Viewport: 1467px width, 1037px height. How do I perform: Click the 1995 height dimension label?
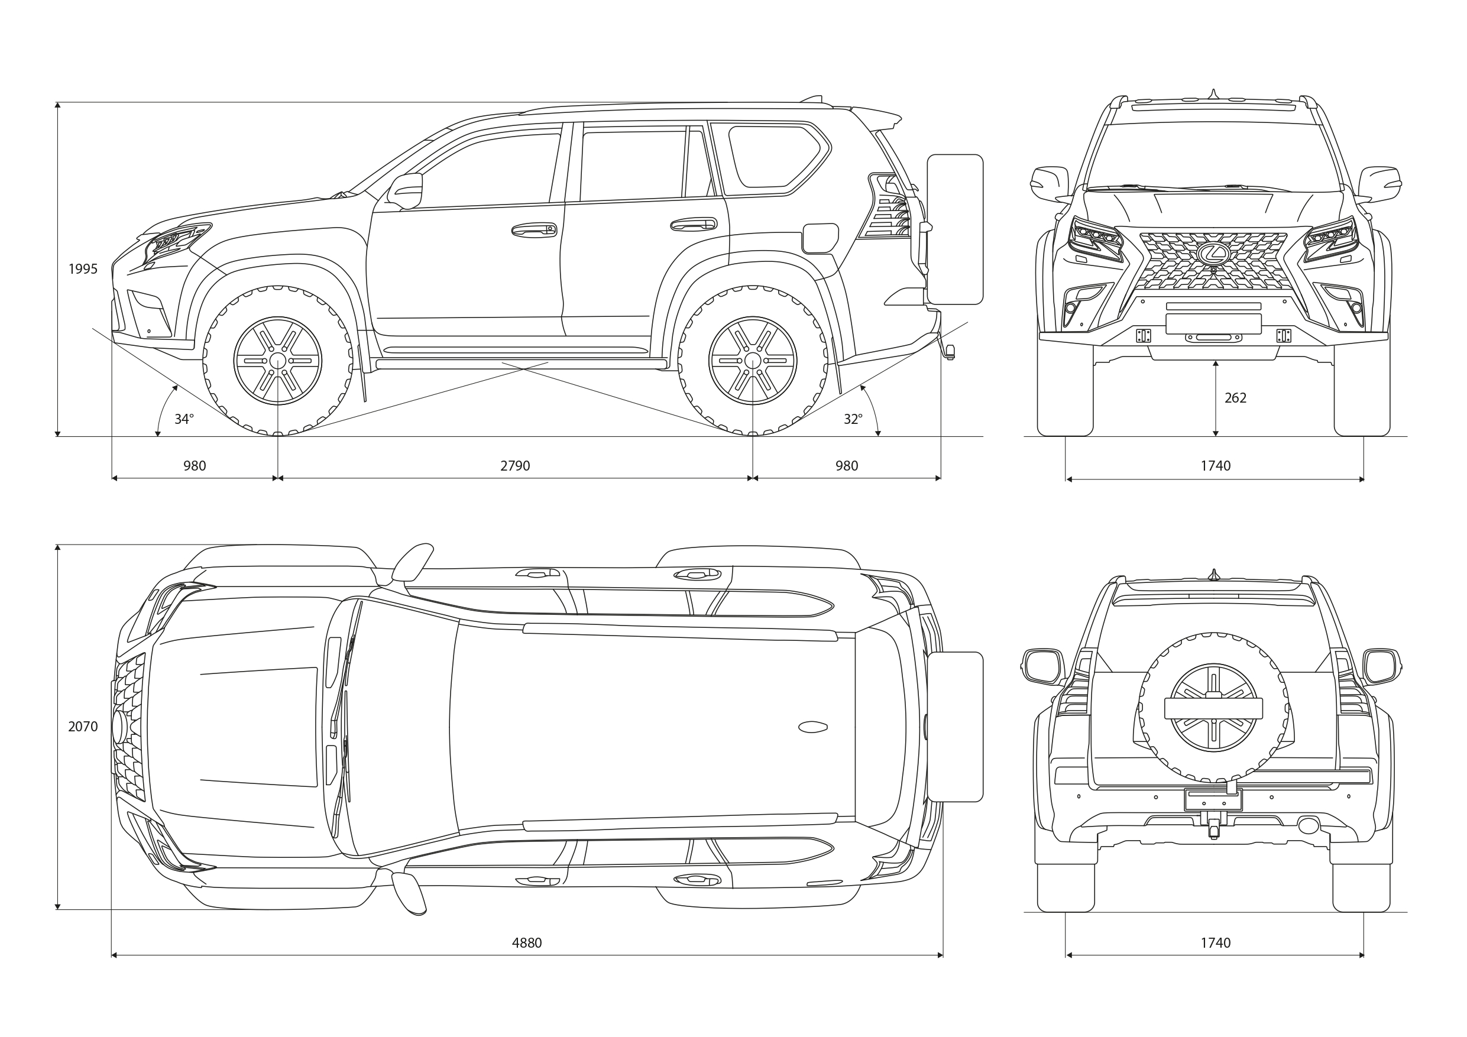point(83,269)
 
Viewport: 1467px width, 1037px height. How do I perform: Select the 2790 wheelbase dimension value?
point(515,466)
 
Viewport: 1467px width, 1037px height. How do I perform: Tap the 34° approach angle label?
point(184,419)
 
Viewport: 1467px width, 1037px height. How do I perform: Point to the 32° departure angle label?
point(853,419)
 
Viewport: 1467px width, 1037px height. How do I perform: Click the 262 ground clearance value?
point(1235,398)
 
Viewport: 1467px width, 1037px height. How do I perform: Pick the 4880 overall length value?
point(526,942)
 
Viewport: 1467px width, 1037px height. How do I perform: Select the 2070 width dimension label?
point(83,727)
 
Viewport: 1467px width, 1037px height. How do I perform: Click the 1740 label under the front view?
point(1215,466)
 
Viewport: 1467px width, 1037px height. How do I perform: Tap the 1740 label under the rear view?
point(1215,942)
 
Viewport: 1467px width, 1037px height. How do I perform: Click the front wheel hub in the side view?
point(278,361)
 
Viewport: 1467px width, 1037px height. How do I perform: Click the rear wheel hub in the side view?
point(753,361)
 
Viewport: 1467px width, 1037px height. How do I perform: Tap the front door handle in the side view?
point(534,229)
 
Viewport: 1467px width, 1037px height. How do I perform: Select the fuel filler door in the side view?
point(820,238)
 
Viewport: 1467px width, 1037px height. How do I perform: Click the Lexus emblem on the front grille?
point(1213,254)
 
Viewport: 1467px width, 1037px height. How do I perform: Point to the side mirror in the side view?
point(406,190)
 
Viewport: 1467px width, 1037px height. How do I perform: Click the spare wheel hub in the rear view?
point(1213,708)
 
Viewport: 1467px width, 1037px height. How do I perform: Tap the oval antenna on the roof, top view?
point(812,727)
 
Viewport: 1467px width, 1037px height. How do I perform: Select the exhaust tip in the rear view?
point(1308,825)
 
